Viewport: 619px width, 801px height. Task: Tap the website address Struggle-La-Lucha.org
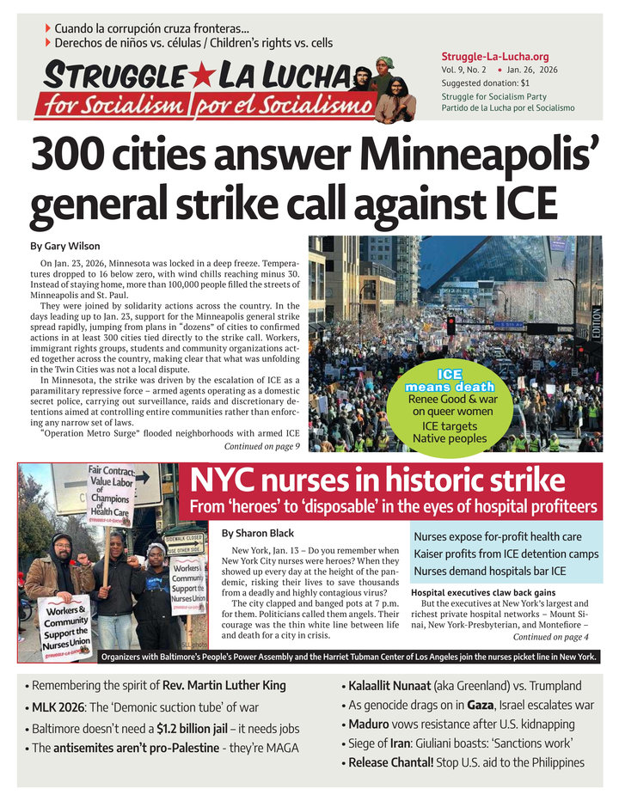point(494,57)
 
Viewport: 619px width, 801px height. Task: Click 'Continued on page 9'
point(261,447)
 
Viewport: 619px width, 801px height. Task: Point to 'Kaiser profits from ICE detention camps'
point(506,554)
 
